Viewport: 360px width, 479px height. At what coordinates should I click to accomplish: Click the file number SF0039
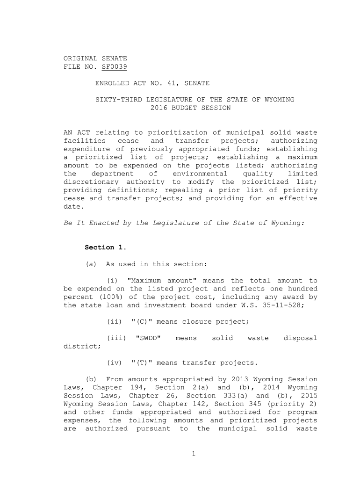tap(114, 67)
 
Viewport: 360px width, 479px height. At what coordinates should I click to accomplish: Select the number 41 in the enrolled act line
tap(163, 83)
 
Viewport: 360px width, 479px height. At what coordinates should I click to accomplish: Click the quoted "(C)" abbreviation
tap(140, 322)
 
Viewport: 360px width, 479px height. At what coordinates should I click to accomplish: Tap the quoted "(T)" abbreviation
tap(140, 363)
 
